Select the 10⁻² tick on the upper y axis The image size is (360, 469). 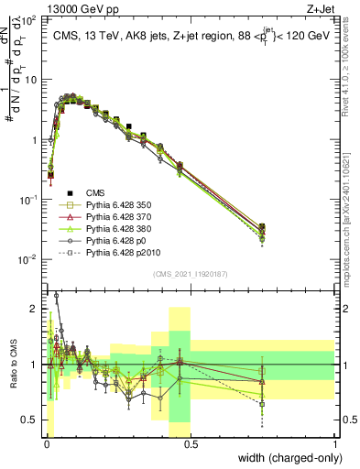[28, 259]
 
